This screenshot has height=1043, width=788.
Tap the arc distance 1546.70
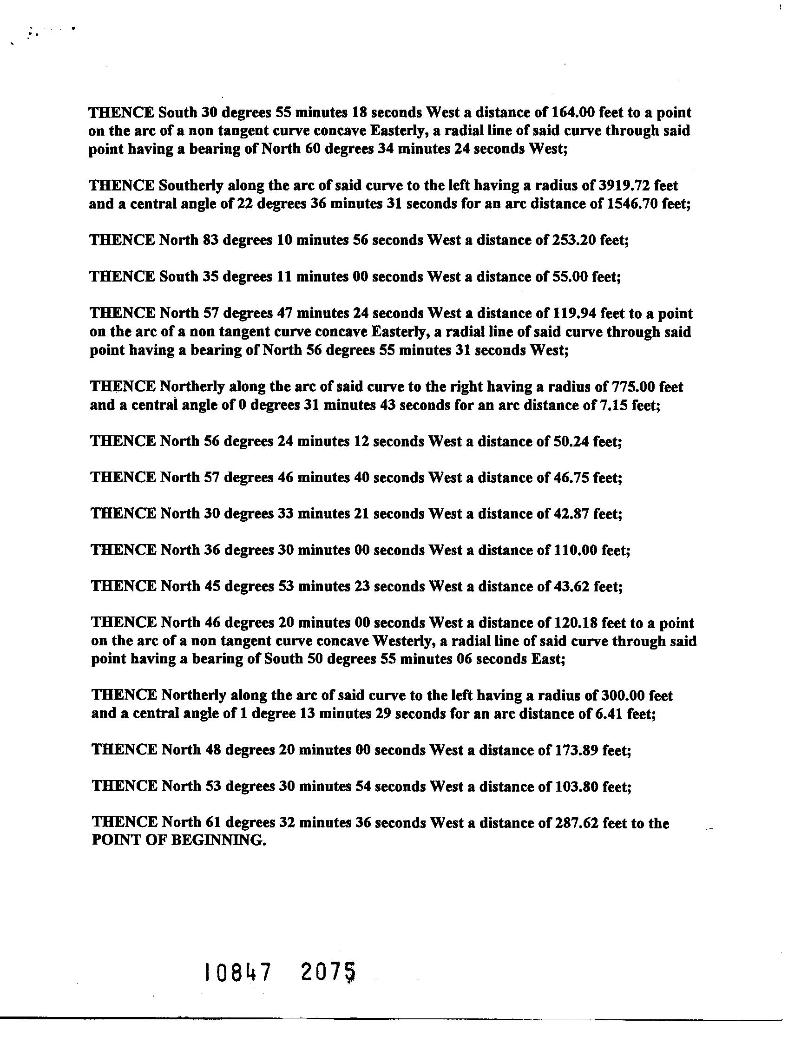pos(630,204)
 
